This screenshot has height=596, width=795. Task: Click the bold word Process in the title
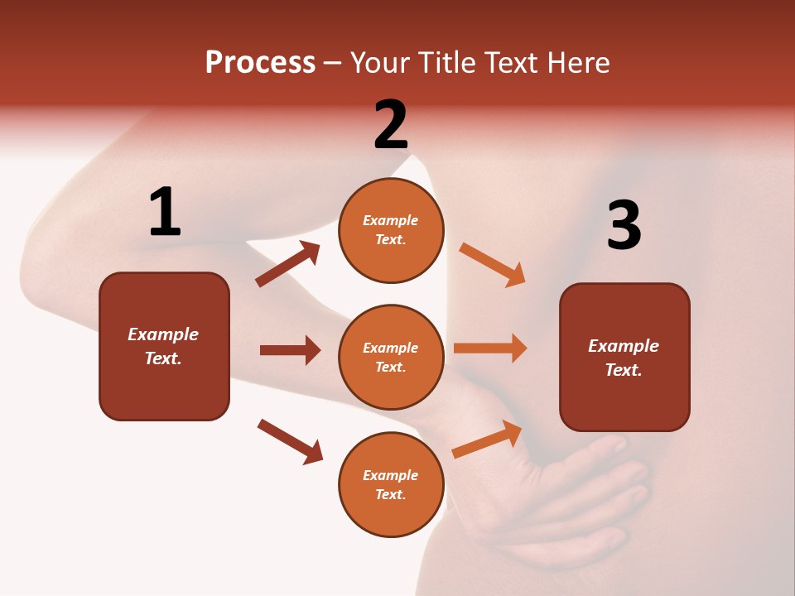[260, 63]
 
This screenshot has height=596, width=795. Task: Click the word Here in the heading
[576, 63]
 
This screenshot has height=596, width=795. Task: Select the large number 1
[165, 213]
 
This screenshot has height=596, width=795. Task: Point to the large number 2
[391, 125]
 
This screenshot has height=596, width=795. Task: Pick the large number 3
[624, 226]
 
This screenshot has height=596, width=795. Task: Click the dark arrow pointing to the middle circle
[290, 350]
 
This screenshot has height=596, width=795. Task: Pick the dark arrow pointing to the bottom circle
[291, 441]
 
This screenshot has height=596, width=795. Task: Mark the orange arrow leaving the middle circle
[490, 348]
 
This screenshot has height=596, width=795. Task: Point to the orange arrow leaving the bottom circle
[487, 440]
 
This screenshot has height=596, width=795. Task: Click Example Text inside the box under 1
[163, 346]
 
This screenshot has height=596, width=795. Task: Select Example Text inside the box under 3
[624, 358]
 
